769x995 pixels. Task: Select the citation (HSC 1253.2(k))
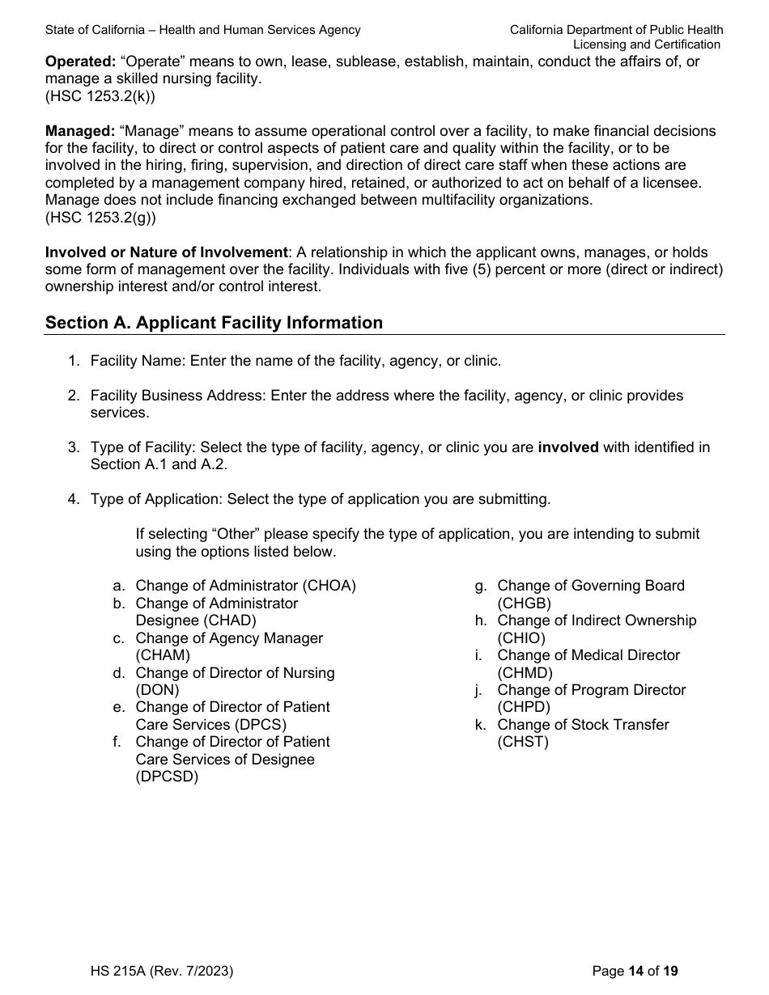(100, 96)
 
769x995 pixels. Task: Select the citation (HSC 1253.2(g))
(101, 217)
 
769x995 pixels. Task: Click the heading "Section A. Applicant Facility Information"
(214, 323)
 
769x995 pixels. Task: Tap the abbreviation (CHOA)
(329, 586)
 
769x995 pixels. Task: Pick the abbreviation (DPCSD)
(167, 777)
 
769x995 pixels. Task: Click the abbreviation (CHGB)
(524, 603)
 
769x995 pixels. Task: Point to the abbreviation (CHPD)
(523, 707)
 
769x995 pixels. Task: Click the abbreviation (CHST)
(523, 742)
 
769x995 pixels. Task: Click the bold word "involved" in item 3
(568, 447)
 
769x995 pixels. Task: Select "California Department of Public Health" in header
(616, 30)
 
